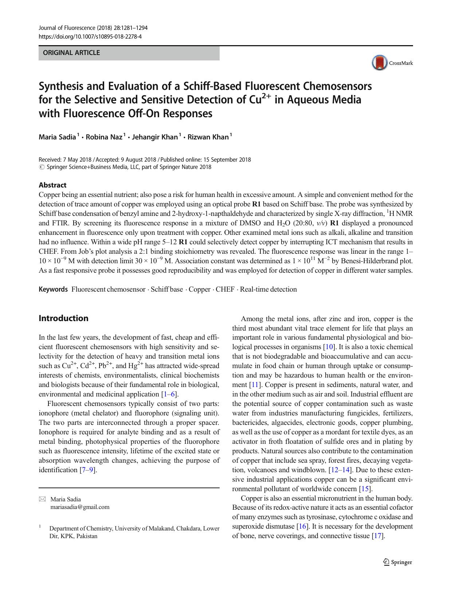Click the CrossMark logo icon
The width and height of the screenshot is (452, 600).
(380, 63)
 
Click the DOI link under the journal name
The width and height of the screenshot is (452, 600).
(90, 37)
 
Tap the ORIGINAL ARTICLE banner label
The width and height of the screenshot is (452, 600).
(71, 53)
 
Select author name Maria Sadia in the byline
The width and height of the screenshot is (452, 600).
(58, 137)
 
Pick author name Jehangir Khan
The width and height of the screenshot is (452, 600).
(155, 137)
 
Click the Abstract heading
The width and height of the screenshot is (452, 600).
(52, 185)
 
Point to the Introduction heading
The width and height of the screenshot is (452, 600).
(63, 318)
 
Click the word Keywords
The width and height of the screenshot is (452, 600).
(53, 289)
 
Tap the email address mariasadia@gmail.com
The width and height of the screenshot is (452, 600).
(80, 507)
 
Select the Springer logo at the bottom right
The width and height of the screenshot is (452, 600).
(398, 562)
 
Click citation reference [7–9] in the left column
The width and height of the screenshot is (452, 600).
(88, 470)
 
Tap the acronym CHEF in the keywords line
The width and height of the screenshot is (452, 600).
(225, 289)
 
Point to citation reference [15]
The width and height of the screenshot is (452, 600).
(365, 489)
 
